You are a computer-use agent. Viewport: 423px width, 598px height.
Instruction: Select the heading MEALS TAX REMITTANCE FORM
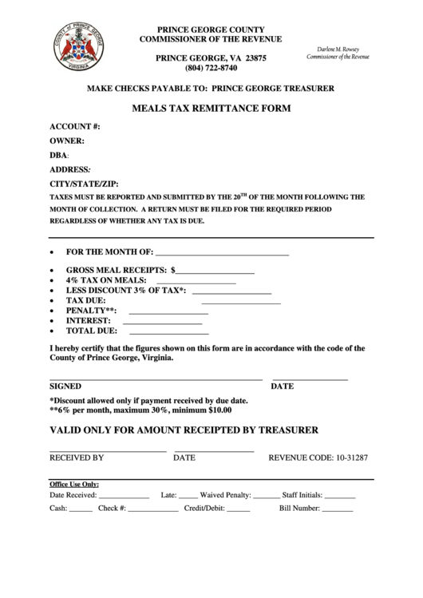[211, 108]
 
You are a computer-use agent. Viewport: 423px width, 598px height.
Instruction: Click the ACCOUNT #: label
[75, 127]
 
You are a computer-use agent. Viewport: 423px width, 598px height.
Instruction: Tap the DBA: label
[60, 155]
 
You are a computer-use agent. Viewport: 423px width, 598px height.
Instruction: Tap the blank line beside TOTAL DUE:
[168, 331]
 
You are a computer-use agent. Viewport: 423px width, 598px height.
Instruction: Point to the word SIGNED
[65, 386]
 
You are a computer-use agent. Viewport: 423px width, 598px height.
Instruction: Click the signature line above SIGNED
[156, 378]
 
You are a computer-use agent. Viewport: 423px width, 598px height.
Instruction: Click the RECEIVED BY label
[77, 458]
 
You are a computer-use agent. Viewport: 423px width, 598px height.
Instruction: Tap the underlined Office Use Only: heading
[74, 484]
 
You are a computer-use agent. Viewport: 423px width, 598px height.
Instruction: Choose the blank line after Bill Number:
[337, 509]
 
